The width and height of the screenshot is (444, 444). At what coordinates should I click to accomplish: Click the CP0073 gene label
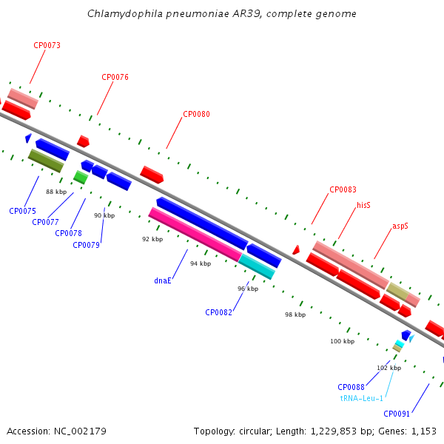47,45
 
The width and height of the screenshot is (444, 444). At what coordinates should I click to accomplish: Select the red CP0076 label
115,77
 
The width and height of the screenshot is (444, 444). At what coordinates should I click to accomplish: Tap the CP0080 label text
196,114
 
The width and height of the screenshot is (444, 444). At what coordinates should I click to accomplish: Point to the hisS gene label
363,205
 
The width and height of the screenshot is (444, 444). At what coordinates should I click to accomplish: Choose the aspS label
400,226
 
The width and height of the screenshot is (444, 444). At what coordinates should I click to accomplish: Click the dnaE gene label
163,280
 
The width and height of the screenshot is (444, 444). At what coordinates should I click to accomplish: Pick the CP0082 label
218,312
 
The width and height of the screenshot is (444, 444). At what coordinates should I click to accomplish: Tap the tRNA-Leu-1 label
362,398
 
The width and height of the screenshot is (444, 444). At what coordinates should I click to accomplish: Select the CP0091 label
397,414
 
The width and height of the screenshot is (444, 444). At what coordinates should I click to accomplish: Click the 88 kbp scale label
56,192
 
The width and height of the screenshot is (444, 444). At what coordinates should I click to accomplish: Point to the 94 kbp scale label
201,263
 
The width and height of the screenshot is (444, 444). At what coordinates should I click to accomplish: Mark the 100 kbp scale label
343,341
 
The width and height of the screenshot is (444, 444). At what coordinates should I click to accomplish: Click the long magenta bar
195,235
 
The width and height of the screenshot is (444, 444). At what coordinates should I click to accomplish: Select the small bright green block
81,178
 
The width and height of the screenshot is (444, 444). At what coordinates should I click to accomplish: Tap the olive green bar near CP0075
46,161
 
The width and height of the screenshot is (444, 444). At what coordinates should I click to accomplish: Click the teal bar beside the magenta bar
257,266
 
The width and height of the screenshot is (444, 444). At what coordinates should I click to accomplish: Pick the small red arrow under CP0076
83,141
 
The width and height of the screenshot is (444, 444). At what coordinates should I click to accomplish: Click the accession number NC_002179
80,431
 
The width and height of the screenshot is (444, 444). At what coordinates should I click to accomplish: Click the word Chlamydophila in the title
125,14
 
